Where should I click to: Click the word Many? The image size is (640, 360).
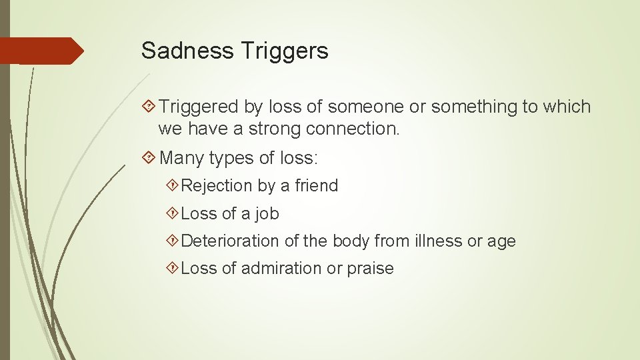[182, 158]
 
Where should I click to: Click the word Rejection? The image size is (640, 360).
[217, 186]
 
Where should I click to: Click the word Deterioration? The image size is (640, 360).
[230, 241]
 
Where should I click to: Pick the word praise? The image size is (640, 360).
[370, 269]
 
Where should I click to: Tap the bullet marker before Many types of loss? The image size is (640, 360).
[151, 158]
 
